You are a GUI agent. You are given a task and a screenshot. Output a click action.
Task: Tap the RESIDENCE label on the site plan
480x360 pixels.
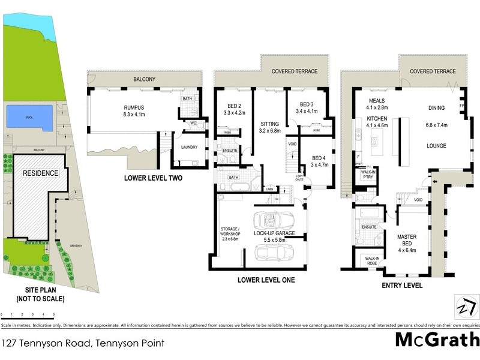(40, 173)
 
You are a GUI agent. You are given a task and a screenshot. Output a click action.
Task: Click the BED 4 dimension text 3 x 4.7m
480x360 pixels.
(318, 166)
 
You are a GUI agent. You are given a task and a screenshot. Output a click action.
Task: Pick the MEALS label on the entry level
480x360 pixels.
(377, 100)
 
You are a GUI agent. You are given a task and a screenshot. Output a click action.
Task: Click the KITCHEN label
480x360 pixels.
(377, 119)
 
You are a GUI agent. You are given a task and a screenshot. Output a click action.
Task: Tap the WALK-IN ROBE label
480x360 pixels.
(369, 260)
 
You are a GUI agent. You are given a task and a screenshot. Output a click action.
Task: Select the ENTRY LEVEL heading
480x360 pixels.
(402, 286)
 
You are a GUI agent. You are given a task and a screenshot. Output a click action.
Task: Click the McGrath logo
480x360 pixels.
(436, 340)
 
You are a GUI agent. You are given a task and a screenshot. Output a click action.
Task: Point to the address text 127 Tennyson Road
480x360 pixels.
(82, 344)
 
